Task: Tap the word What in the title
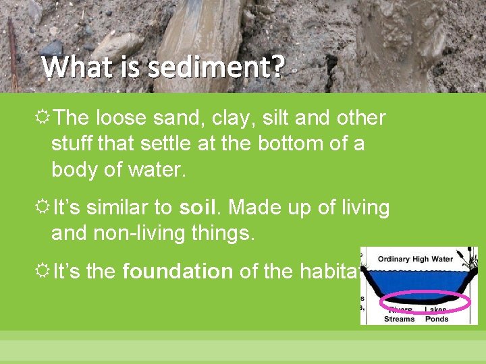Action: tap(70, 67)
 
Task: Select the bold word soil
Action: tap(203, 208)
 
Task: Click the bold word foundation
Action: tap(178, 272)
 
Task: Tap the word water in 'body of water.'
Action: tap(155, 170)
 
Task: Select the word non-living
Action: tap(137, 233)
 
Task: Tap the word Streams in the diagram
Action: tap(400, 319)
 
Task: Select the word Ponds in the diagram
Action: tap(437, 319)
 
